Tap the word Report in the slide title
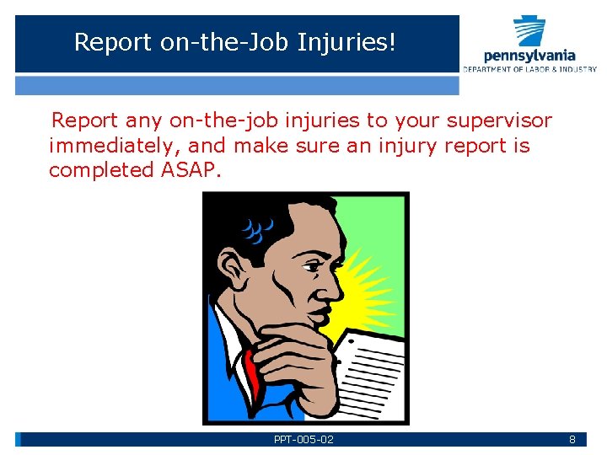(114, 41)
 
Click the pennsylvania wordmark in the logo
(529, 56)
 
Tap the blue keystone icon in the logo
(529, 31)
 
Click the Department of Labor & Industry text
(529, 69)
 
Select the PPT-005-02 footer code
(303, 440)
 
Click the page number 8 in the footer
(572, 440)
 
